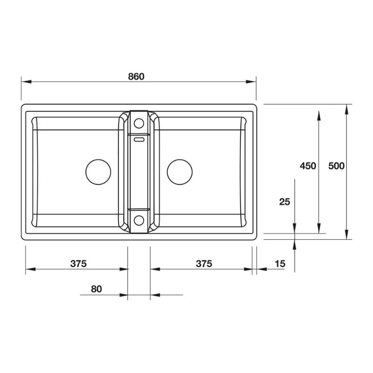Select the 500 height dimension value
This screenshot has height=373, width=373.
[336, 166]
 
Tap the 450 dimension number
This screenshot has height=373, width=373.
[308, 166]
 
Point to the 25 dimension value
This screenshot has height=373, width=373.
[284, 201]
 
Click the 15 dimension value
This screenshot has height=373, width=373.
[280, 264]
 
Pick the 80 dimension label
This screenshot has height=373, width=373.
[96, 289]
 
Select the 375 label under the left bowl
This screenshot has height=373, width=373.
[79, 264]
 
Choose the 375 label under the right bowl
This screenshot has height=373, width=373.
[204, 264]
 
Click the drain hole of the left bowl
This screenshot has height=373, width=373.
[98, 171]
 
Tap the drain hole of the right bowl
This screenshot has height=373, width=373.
[180, 171]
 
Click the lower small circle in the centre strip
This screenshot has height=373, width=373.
[138, 220]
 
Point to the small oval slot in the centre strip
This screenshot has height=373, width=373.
[139, 138]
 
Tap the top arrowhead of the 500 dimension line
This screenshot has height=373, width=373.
[346, 109]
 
